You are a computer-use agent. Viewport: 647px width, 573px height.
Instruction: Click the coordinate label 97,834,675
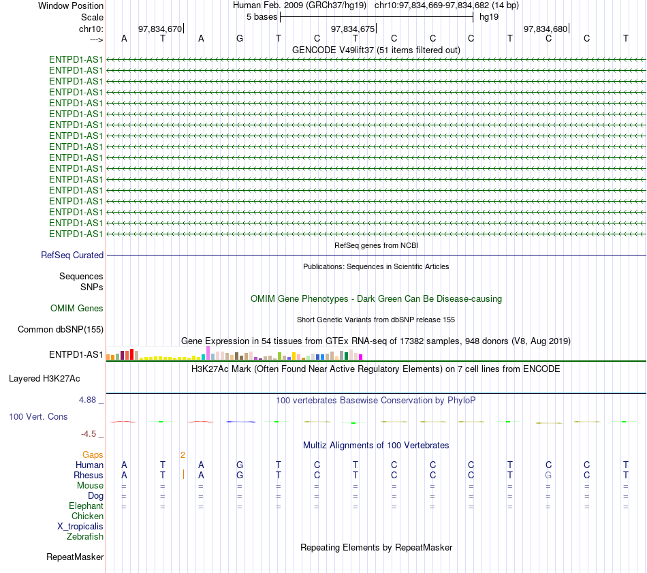353,29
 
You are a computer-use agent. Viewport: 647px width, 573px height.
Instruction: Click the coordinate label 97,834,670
160,29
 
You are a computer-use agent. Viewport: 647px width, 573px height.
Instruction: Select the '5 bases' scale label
262,17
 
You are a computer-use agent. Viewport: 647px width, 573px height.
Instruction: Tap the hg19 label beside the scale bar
489,17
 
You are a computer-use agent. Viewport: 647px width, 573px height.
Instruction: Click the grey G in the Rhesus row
548,475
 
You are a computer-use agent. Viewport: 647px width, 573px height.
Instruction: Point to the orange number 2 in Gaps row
183,455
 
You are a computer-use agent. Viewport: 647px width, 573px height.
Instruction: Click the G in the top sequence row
240,38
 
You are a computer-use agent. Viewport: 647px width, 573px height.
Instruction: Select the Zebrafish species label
85,537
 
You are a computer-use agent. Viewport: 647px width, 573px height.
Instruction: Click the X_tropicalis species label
80,527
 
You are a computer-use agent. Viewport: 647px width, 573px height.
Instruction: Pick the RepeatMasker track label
75,557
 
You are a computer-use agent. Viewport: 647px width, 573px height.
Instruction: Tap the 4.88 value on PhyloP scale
87,400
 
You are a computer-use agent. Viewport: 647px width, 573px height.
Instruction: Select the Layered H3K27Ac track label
44,379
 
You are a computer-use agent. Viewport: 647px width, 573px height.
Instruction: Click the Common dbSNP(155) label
61,330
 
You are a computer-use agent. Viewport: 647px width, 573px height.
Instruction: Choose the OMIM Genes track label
77,309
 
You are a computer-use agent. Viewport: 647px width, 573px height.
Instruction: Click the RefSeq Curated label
72,255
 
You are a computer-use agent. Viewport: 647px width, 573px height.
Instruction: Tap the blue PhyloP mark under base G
241,422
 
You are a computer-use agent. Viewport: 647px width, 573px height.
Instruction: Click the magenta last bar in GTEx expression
361,357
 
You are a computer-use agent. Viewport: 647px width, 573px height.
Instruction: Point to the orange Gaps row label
93,455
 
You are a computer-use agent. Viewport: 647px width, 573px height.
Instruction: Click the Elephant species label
86,506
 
